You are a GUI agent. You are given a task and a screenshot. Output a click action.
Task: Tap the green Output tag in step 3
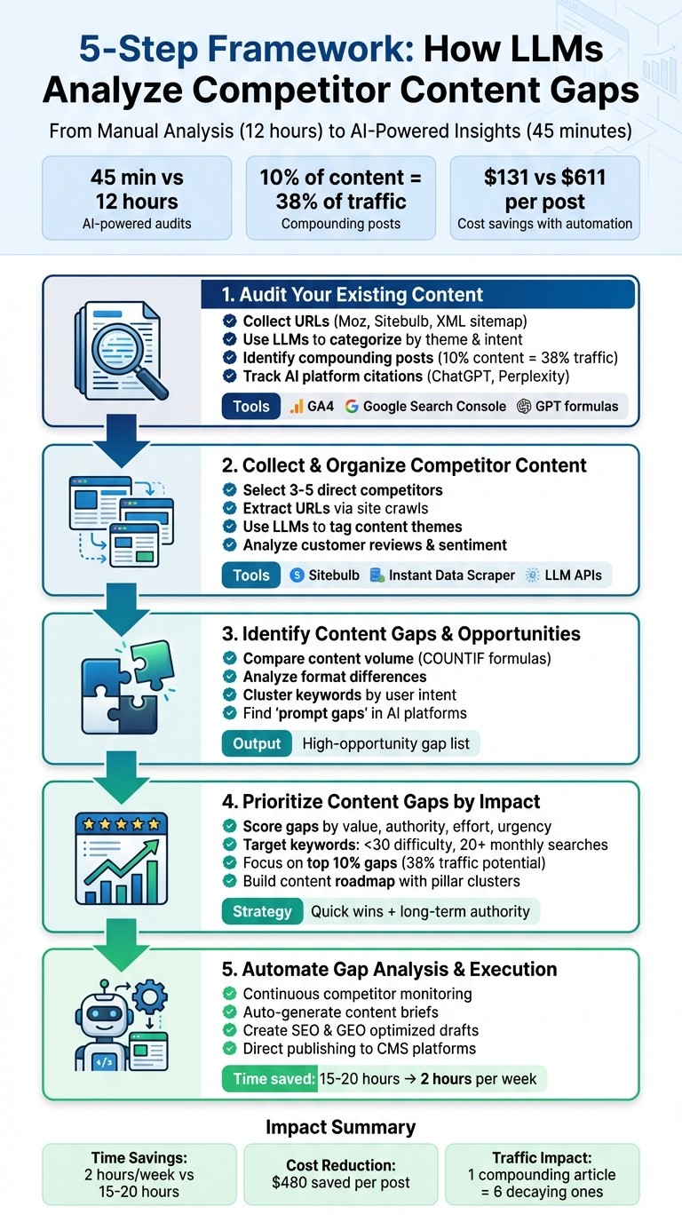(x=257, y=743)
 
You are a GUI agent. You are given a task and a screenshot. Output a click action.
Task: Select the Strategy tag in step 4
(x=262, y=911)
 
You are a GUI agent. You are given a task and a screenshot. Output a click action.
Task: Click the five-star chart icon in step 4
(x=122, y=856)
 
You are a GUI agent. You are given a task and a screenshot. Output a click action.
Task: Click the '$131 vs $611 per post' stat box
(x=544, y=197)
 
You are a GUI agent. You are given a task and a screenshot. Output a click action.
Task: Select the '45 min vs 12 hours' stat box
(x=137, y=197)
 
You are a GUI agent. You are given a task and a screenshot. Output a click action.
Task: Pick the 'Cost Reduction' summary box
(x=340, y=1173)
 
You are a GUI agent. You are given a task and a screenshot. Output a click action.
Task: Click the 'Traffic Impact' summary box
(x=542, y=1173)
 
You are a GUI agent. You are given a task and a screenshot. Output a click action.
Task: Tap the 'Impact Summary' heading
(x=340, y=1127)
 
